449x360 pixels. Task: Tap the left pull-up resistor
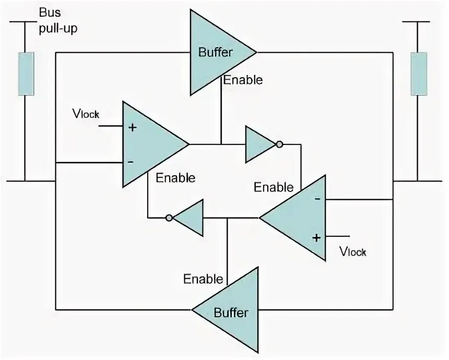(26, 74)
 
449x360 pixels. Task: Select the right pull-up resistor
(418, 74)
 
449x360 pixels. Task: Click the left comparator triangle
(149, 144)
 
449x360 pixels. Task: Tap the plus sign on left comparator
(133, 127)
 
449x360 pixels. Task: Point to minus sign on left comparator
(131, 162)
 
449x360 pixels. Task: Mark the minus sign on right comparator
(317, 199)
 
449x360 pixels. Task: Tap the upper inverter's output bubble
(280, 144)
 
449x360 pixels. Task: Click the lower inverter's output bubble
(169, 218)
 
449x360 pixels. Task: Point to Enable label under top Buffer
(242, 80)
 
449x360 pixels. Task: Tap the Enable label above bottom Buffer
(203, 279)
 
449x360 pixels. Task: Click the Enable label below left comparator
(175, 177)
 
